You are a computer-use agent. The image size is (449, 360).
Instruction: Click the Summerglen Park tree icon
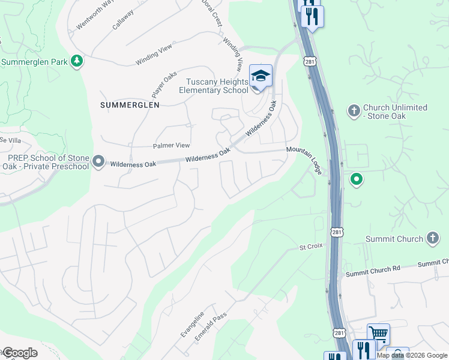pyautogui.click(x=77, y=61)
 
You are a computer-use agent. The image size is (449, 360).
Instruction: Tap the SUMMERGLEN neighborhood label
pyautogui.click(x=130, y=104)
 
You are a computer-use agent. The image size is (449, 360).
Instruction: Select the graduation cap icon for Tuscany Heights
pyautogui.click(x=261, y=76)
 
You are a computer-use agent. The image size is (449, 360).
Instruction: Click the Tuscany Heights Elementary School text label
pyautogui.click(x=214, y=86)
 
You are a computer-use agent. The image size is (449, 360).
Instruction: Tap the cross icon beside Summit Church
pyautogui.click(x=432, y=238)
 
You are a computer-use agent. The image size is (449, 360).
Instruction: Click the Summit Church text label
pyautogui.click(x=394, y=239)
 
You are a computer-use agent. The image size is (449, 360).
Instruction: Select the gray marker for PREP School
pyautogui.click(x=99, y=162)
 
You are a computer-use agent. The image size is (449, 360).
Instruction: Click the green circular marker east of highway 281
pyautogui.click(x=357, y=179)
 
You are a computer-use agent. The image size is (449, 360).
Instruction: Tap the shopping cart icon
pyautogui.click(x=378, y=334)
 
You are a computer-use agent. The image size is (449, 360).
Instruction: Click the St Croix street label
pyautogui.click(x=311, y=247)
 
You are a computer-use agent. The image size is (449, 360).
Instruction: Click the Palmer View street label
pyautogui.click(x=172, y=145)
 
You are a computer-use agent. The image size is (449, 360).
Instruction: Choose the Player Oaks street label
pyautogui.click(x=164, y=85)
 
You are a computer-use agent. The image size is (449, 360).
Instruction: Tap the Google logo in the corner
pyautogui.click(x=19, y=353)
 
